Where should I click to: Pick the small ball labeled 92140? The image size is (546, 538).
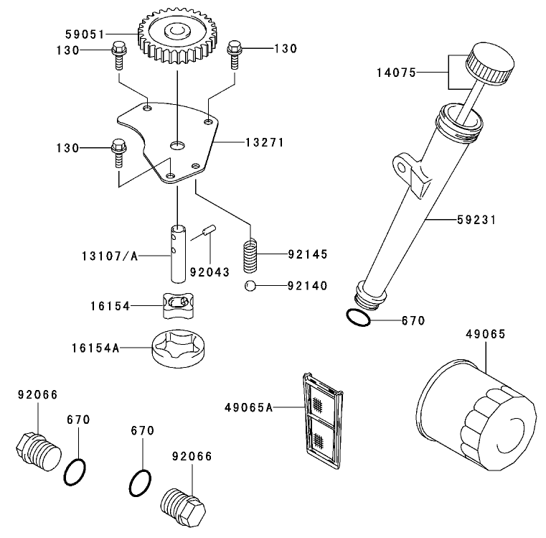coord(249,286)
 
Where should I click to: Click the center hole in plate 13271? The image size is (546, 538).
coord(176,146)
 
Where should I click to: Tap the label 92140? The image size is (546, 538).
coord(306,286)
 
